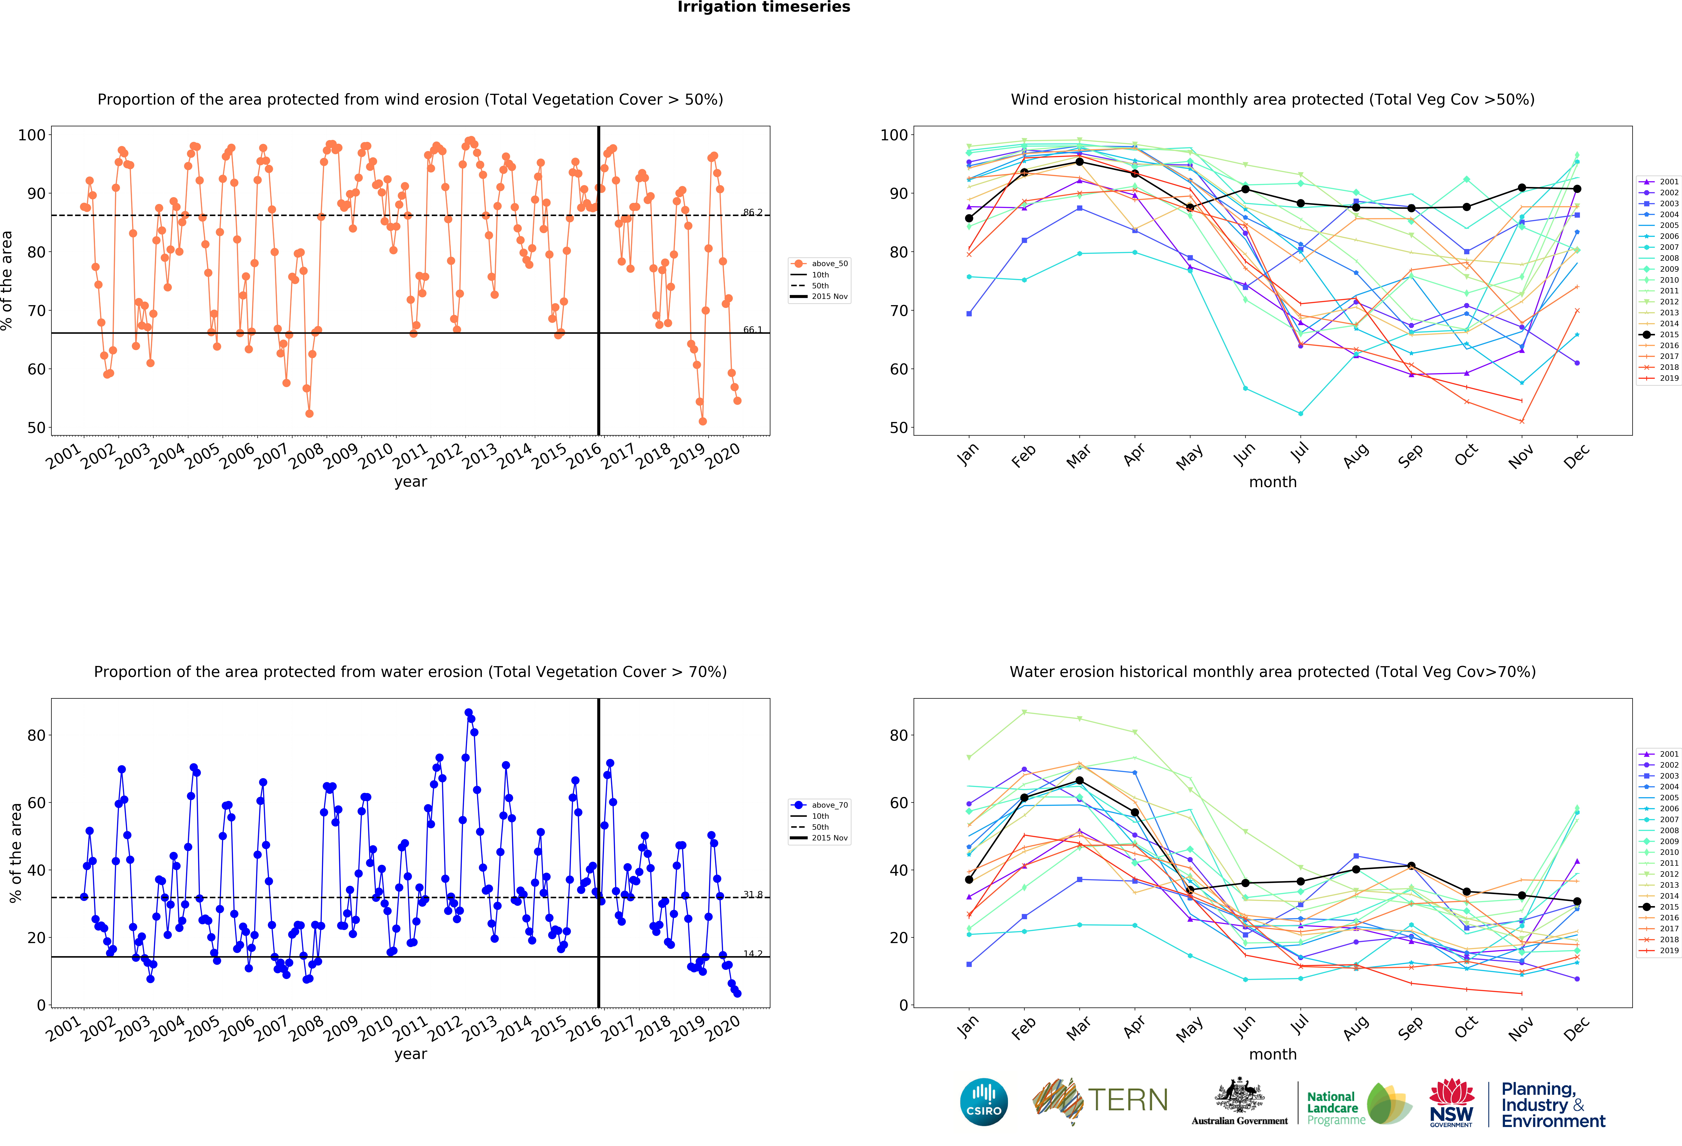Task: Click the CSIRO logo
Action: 984,1102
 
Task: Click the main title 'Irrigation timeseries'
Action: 764,7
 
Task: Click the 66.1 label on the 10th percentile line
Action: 752,330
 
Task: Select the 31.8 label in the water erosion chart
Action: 752,895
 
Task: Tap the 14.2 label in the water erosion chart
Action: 752,953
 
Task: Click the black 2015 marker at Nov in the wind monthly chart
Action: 1521,188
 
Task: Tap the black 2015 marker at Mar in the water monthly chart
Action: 1079,781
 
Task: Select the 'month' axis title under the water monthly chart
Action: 1272,1054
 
